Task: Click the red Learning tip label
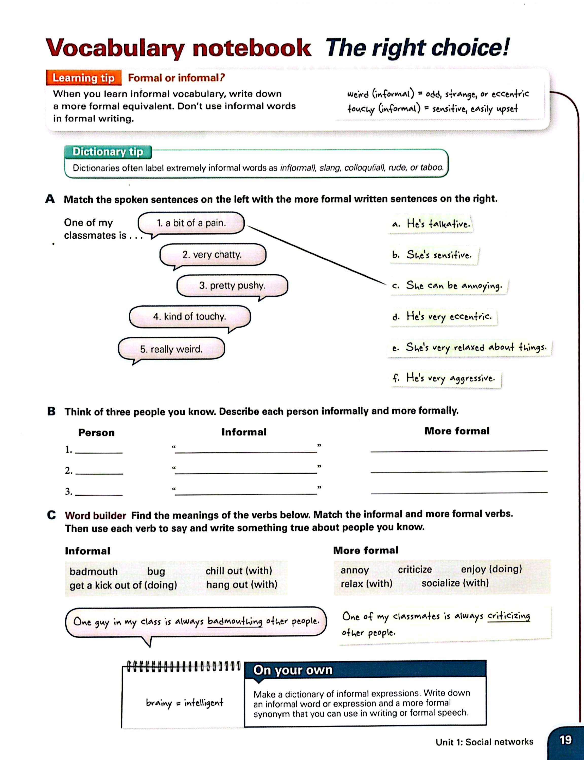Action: tap(83, 78)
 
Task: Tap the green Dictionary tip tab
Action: tap(108, 152)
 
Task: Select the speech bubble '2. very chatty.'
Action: tap(213, 255)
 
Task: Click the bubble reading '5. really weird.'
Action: tap(171, 349)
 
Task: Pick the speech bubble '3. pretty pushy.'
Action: tap(232, 286)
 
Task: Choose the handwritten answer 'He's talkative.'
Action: tap(431, 224)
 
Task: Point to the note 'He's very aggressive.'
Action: tap(444, 378)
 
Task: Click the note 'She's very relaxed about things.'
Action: tap(469, 348)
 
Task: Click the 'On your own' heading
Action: tap(293, 670)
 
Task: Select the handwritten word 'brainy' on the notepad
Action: tap(159, 703)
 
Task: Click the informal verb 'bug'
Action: tap(156, 572)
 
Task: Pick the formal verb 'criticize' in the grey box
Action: tap(415, 570)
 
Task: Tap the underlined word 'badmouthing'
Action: tap(235, 621)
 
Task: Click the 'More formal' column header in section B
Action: tap(457, 431)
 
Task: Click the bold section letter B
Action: tap(51, 411)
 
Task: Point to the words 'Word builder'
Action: tap(95, 516)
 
